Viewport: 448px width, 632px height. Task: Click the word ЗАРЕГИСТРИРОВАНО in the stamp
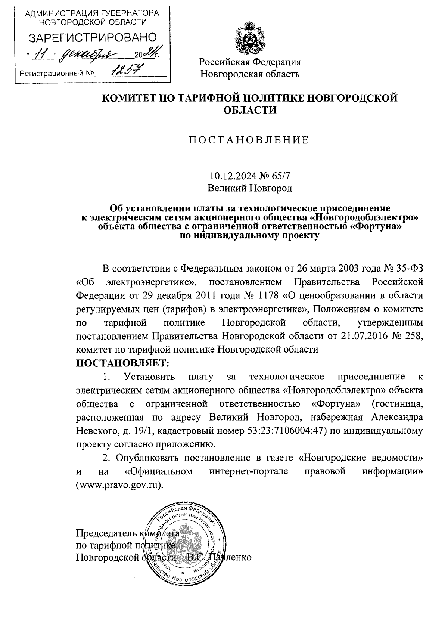[x=93, y=38]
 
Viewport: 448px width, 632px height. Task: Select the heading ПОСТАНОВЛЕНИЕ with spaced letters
[x=249, y=140]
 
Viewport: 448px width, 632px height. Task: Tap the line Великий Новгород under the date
[x=249, y=188]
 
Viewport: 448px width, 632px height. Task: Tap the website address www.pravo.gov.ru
[x=119, y=485]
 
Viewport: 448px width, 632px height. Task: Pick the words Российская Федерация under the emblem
[x=249, y=62]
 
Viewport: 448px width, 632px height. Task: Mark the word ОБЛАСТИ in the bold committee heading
[x=249, y=110]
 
